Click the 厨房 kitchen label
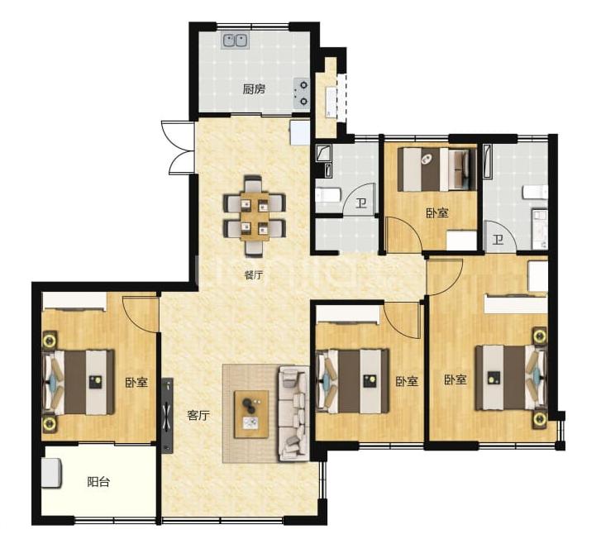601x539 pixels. pyautogui.click(x=254, y=89)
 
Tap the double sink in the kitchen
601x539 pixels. pyautogui.click(x=235, y=41)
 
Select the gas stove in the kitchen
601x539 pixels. pyautogui.click(x=301, y=93)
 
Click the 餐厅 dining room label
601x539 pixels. pyautogui.click(x=253, y=274)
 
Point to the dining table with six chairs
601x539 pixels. pyautogui.click(x=254, y=216)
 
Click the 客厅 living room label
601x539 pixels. pyautogui.click(x=198, y=415)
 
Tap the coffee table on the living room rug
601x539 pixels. pyautogui.click(x=251, y=414)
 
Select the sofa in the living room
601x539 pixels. pyautogui.click(x=293, y=413)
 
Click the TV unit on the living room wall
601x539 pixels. pyautogui.click(x=167, y=416)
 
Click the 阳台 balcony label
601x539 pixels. pyautogui.click(x=98, y=481)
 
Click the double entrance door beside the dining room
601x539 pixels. pyautogui.click(x=178, y=148)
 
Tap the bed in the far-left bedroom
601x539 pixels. pyautogui.click(x=79, y=382)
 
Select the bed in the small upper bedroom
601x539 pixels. pyautogui.click(x=437, y=169)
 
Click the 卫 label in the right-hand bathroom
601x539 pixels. pyautogui.click(x=498, y=240)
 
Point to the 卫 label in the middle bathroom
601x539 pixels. pyautogui.click(x=360, y=203)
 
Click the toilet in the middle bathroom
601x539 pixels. pyautogui.click(x=327, y=195)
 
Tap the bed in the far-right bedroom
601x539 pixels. pyautogui.click(x=510, y=378)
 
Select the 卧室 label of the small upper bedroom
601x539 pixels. pyautogui.click(x=437, y=212)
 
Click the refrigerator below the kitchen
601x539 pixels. pyautogui.click(x=300, y=132)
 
